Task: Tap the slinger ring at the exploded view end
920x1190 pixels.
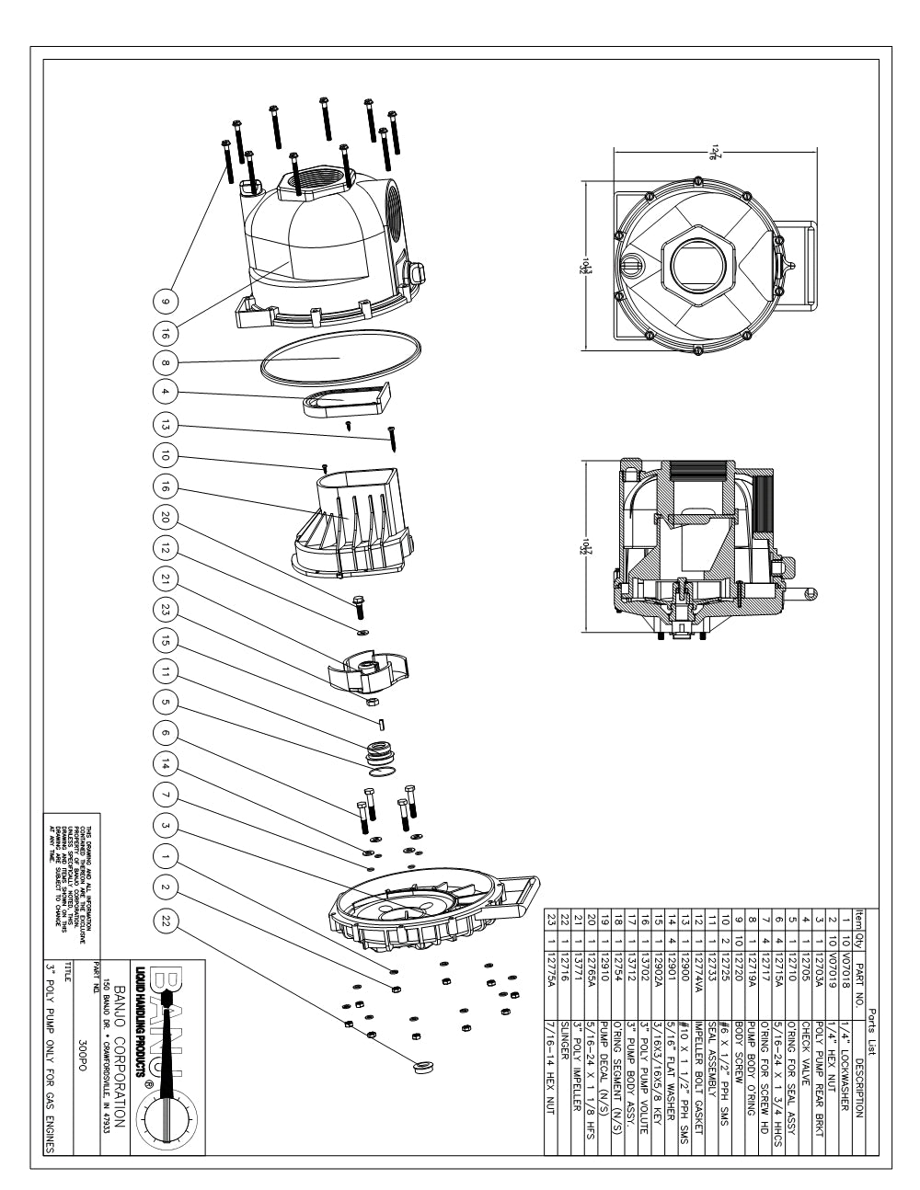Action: [x=425, y=1064]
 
